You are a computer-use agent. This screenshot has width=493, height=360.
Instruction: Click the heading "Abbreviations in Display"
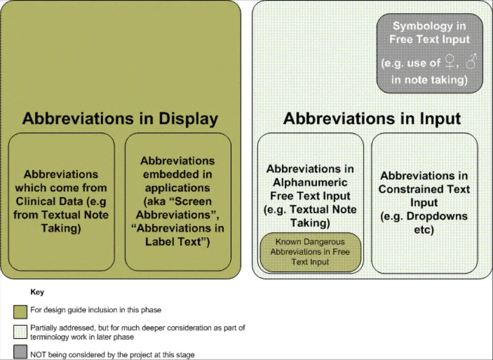click(120, 118)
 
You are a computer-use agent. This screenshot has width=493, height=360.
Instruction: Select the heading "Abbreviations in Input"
click(372, 118)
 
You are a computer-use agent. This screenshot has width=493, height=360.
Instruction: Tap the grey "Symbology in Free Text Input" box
click(430, 54)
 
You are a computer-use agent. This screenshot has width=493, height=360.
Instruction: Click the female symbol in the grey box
click(450, 62)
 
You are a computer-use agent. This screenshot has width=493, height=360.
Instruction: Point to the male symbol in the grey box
click(471, 61)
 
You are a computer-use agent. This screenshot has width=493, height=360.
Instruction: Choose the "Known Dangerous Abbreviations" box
click(310, 252)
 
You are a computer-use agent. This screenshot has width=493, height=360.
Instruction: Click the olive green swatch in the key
click(20, 312)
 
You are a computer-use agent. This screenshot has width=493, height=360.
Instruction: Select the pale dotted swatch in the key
click(20, 332)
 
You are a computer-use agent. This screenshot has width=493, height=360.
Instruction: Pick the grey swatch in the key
click(20, 352)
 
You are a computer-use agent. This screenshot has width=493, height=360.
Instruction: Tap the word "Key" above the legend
click(37, 292)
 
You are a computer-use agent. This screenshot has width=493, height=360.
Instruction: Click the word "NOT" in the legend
click(38, 355)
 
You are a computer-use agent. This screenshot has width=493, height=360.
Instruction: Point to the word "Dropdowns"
click(437, 216)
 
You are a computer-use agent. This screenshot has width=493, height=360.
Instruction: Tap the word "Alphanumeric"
click(310, 182)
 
